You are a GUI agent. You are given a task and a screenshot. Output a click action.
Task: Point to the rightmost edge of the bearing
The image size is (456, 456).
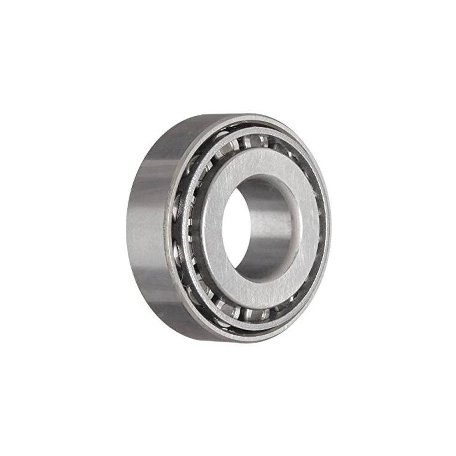point(329,228)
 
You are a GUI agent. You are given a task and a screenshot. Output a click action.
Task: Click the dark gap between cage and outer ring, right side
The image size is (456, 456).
point(323,228)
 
